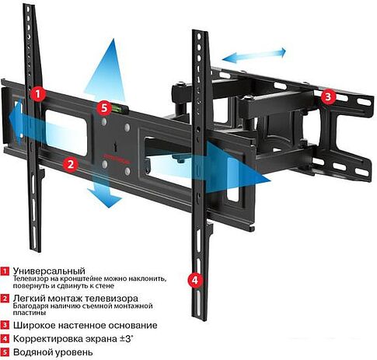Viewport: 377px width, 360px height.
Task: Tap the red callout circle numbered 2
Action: tap(70, 164)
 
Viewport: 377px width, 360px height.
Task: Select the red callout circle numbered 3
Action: tap(328, 97)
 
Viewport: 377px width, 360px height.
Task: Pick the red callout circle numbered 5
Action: tap(104, 108)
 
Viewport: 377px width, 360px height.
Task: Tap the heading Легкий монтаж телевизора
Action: tap(75, 299)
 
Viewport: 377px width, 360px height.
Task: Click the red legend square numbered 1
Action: tap(5, 271)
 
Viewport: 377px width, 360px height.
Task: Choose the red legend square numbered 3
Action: tap(5, 326)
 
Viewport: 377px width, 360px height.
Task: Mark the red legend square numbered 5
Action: tap(5, 353)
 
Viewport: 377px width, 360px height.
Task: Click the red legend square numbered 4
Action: tap(5, 340)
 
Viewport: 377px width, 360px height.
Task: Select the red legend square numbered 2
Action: tap(5, 299)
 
